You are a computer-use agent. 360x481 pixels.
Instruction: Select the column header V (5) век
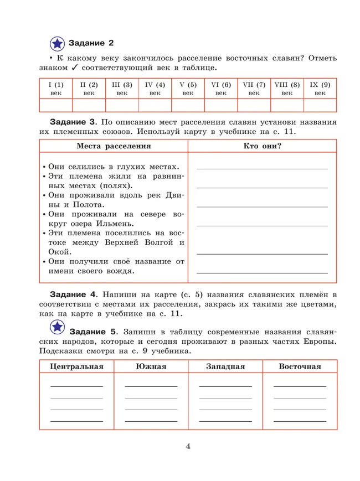point(188,89)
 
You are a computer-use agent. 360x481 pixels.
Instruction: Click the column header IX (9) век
point(320,89)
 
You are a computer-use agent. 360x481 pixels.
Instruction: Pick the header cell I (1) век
point(56,89)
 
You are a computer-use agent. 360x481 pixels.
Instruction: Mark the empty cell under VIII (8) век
point(286,105)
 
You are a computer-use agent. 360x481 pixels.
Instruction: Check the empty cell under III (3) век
point(122,105)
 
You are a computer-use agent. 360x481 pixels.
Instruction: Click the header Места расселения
point(114,146)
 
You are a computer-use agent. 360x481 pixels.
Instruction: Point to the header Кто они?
point(263,146)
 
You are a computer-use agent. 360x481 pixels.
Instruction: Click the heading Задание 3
point(74,121)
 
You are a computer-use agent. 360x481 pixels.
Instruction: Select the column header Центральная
point(76,366)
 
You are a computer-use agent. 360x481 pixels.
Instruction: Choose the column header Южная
point(151,366)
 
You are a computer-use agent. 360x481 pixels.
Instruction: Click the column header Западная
point(225,366)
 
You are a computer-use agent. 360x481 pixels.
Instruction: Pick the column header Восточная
point(300,366)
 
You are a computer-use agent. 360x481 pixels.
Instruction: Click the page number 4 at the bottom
point(188,447)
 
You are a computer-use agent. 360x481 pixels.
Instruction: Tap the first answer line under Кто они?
point(262,168)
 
